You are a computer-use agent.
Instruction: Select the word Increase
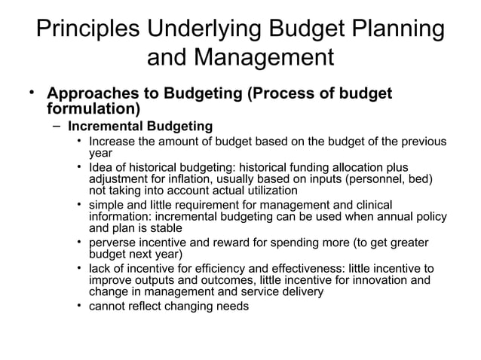(112, 142)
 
